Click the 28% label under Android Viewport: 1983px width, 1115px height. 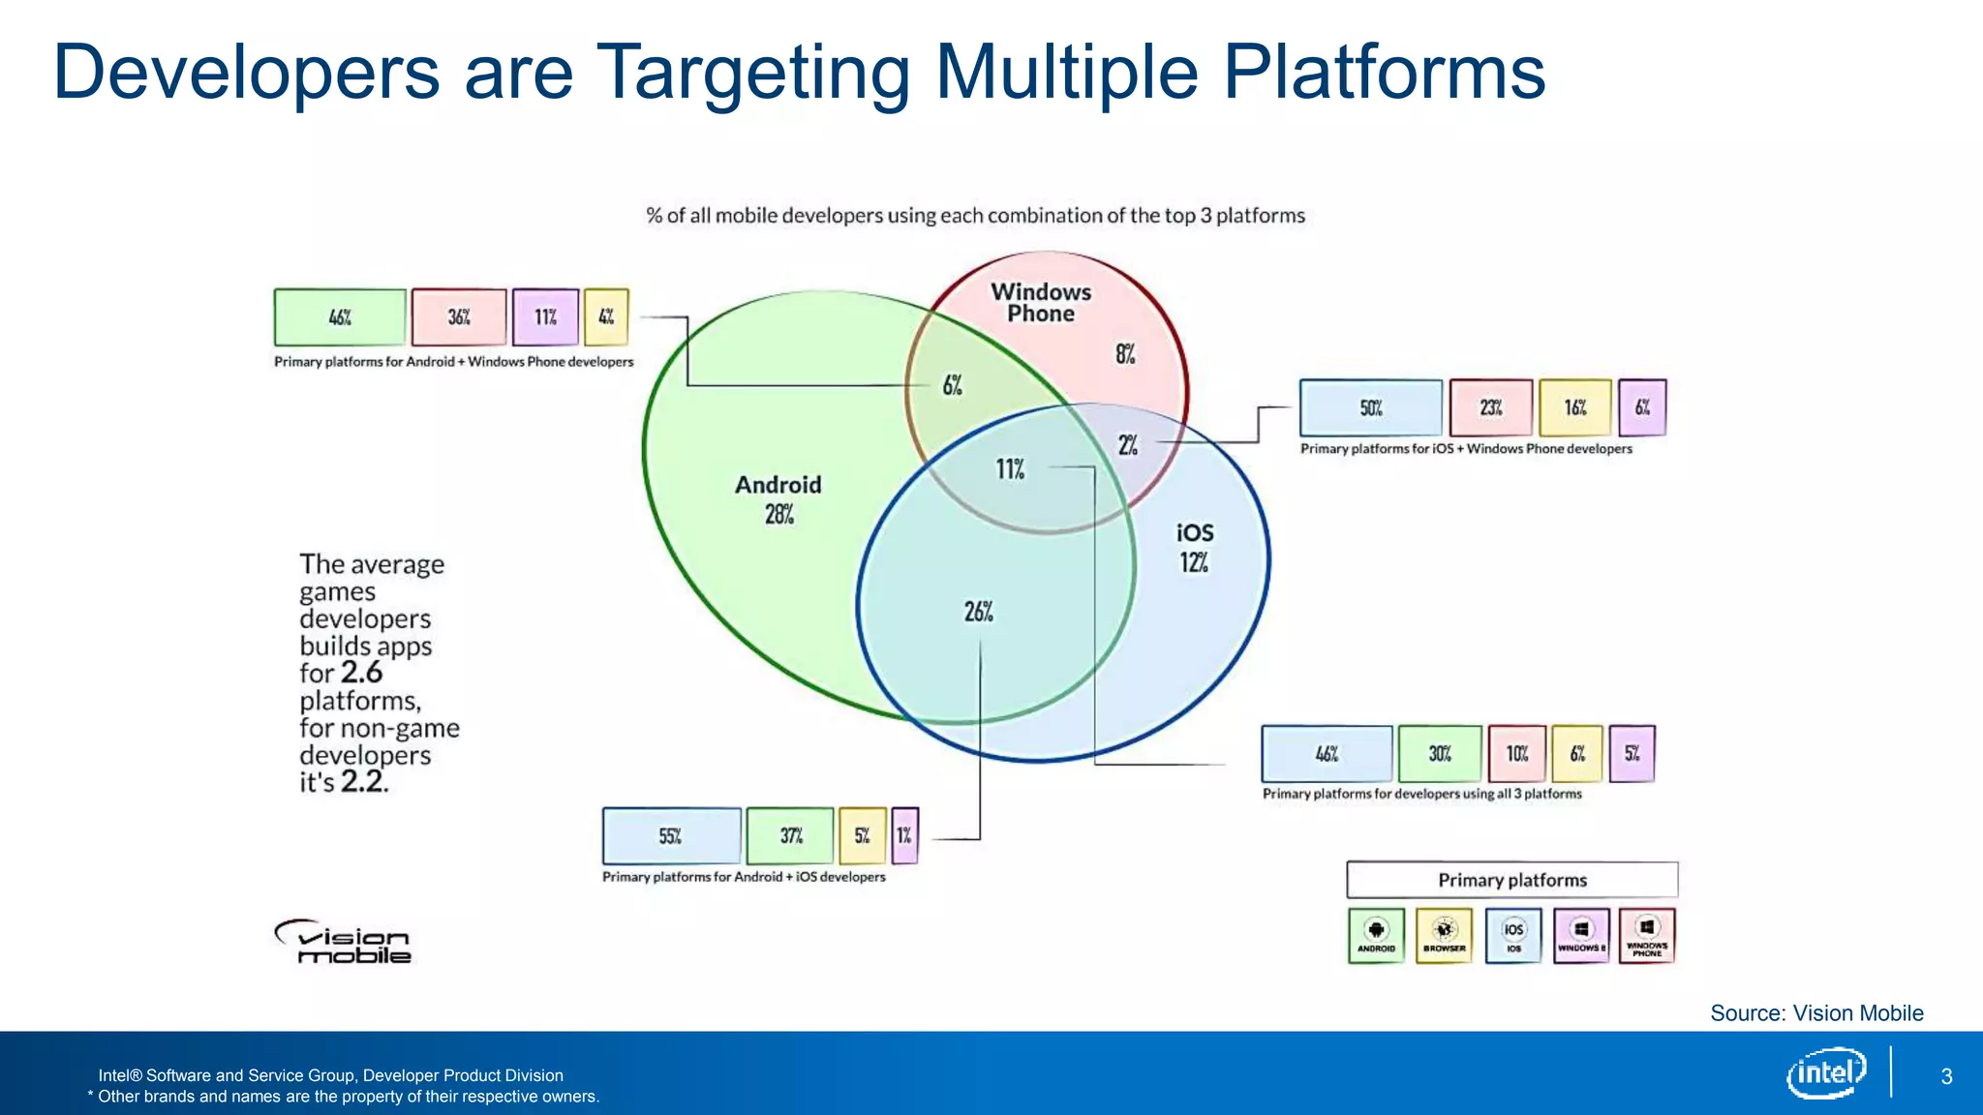[778, 515]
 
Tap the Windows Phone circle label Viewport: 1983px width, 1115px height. [1041, 302]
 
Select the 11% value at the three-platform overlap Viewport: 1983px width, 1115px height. [1010, 469]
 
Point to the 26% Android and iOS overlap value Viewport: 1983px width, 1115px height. [978, 612]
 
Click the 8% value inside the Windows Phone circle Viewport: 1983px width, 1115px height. [1124, 354]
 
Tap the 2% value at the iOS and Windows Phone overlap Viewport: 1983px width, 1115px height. [1128, 445]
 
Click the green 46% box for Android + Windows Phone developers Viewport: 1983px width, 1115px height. [340, 317]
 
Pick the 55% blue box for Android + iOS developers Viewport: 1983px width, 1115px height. [671, 836]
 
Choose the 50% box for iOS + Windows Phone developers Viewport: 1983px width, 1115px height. [1370, 408]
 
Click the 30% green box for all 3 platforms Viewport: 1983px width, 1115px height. [1440, 754]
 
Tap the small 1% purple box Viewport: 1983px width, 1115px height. [904, 836]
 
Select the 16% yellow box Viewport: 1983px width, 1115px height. [1575, 408]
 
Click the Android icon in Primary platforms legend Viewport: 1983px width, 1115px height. [1376, 935]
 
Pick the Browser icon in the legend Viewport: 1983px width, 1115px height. [1444, 935]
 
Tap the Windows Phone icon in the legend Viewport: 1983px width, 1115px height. [1647, 935]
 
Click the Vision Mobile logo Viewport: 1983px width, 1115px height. [344, 942]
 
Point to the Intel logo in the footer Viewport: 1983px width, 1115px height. [1826, 1072]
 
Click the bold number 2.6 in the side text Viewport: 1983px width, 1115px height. [361, 673]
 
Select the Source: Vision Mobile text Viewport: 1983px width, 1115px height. [1816, 1013]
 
